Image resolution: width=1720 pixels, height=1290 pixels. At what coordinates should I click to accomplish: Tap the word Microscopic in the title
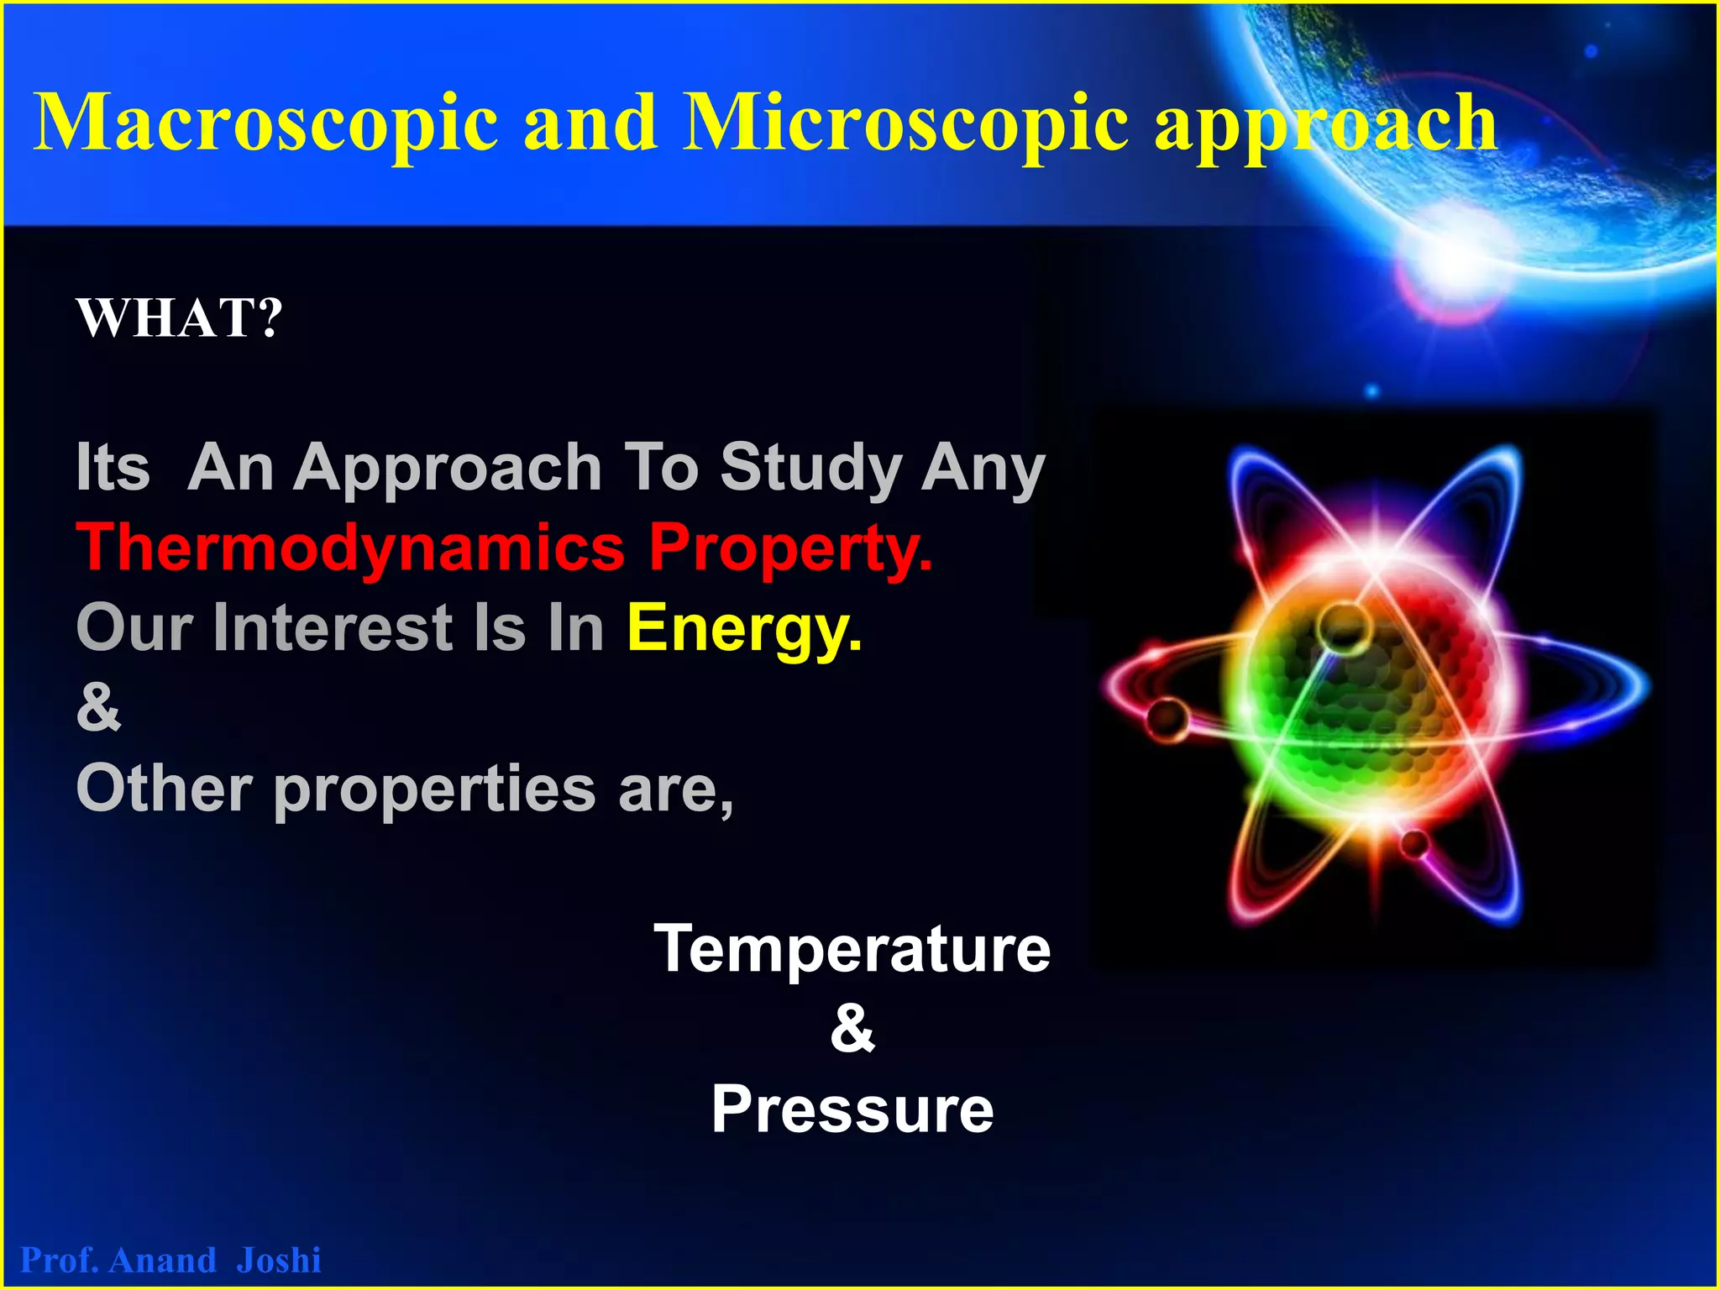point(905,124)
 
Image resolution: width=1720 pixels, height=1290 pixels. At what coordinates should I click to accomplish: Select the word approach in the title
point(1325,126)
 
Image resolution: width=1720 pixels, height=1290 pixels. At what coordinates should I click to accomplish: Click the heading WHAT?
point(180,318)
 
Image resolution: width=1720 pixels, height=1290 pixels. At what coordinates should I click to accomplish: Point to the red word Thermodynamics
point(350,548)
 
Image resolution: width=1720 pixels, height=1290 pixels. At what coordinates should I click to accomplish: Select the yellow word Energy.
point(744,628)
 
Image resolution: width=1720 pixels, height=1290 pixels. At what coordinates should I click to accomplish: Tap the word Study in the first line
point(810,469)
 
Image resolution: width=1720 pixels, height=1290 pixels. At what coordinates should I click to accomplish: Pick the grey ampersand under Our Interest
point(98,707)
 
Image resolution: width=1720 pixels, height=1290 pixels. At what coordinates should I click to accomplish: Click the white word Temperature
point(852,949)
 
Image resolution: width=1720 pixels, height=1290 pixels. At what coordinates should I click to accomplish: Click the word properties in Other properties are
point(435,789)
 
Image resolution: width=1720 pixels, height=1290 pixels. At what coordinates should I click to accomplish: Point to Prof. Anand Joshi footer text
point(170,1260)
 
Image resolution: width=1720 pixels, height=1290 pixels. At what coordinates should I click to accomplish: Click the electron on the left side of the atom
point(1167,718)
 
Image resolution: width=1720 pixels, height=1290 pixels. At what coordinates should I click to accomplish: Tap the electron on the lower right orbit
point(1413,842)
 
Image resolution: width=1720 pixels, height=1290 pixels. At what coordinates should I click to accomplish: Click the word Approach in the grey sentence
point(447,469)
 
